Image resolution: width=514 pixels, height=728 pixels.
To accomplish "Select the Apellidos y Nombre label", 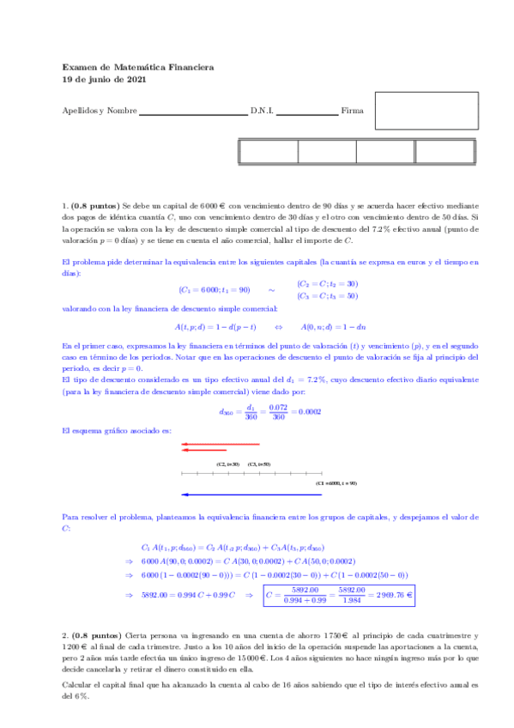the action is pos(100,112).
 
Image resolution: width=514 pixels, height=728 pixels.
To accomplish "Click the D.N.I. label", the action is pos(261,112).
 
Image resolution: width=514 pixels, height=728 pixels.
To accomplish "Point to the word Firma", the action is pos(352,112).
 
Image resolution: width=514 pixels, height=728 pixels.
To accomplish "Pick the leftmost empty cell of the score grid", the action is pos(268,152).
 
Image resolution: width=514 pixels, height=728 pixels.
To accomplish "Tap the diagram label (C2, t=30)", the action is pos(227,464).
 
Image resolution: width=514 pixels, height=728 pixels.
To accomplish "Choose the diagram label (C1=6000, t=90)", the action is pos(336,483).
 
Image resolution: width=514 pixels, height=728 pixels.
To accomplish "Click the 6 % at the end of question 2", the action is pos(81,696).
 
